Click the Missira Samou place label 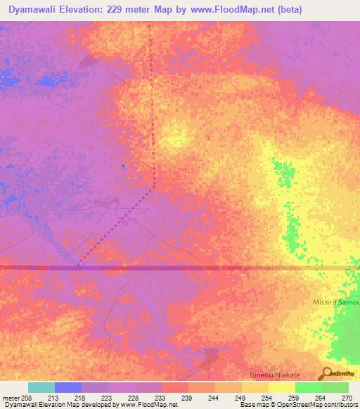point(335,302)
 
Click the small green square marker point(123,166)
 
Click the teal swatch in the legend point(41,387)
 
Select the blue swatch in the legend point(68,387)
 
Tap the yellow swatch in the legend point(281,387)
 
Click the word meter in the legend point(11,397)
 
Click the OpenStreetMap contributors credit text point(317,405)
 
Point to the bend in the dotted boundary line point(153,188)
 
